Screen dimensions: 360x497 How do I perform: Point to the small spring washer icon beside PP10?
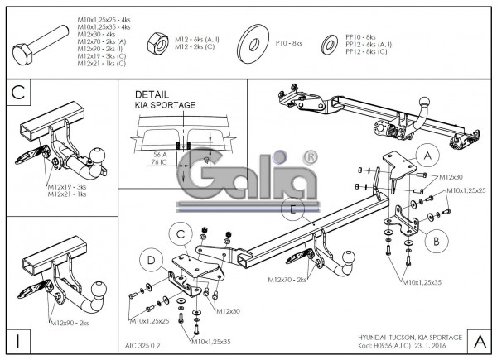coord(329,43)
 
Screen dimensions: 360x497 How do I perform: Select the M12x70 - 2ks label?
coord(287,281)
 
